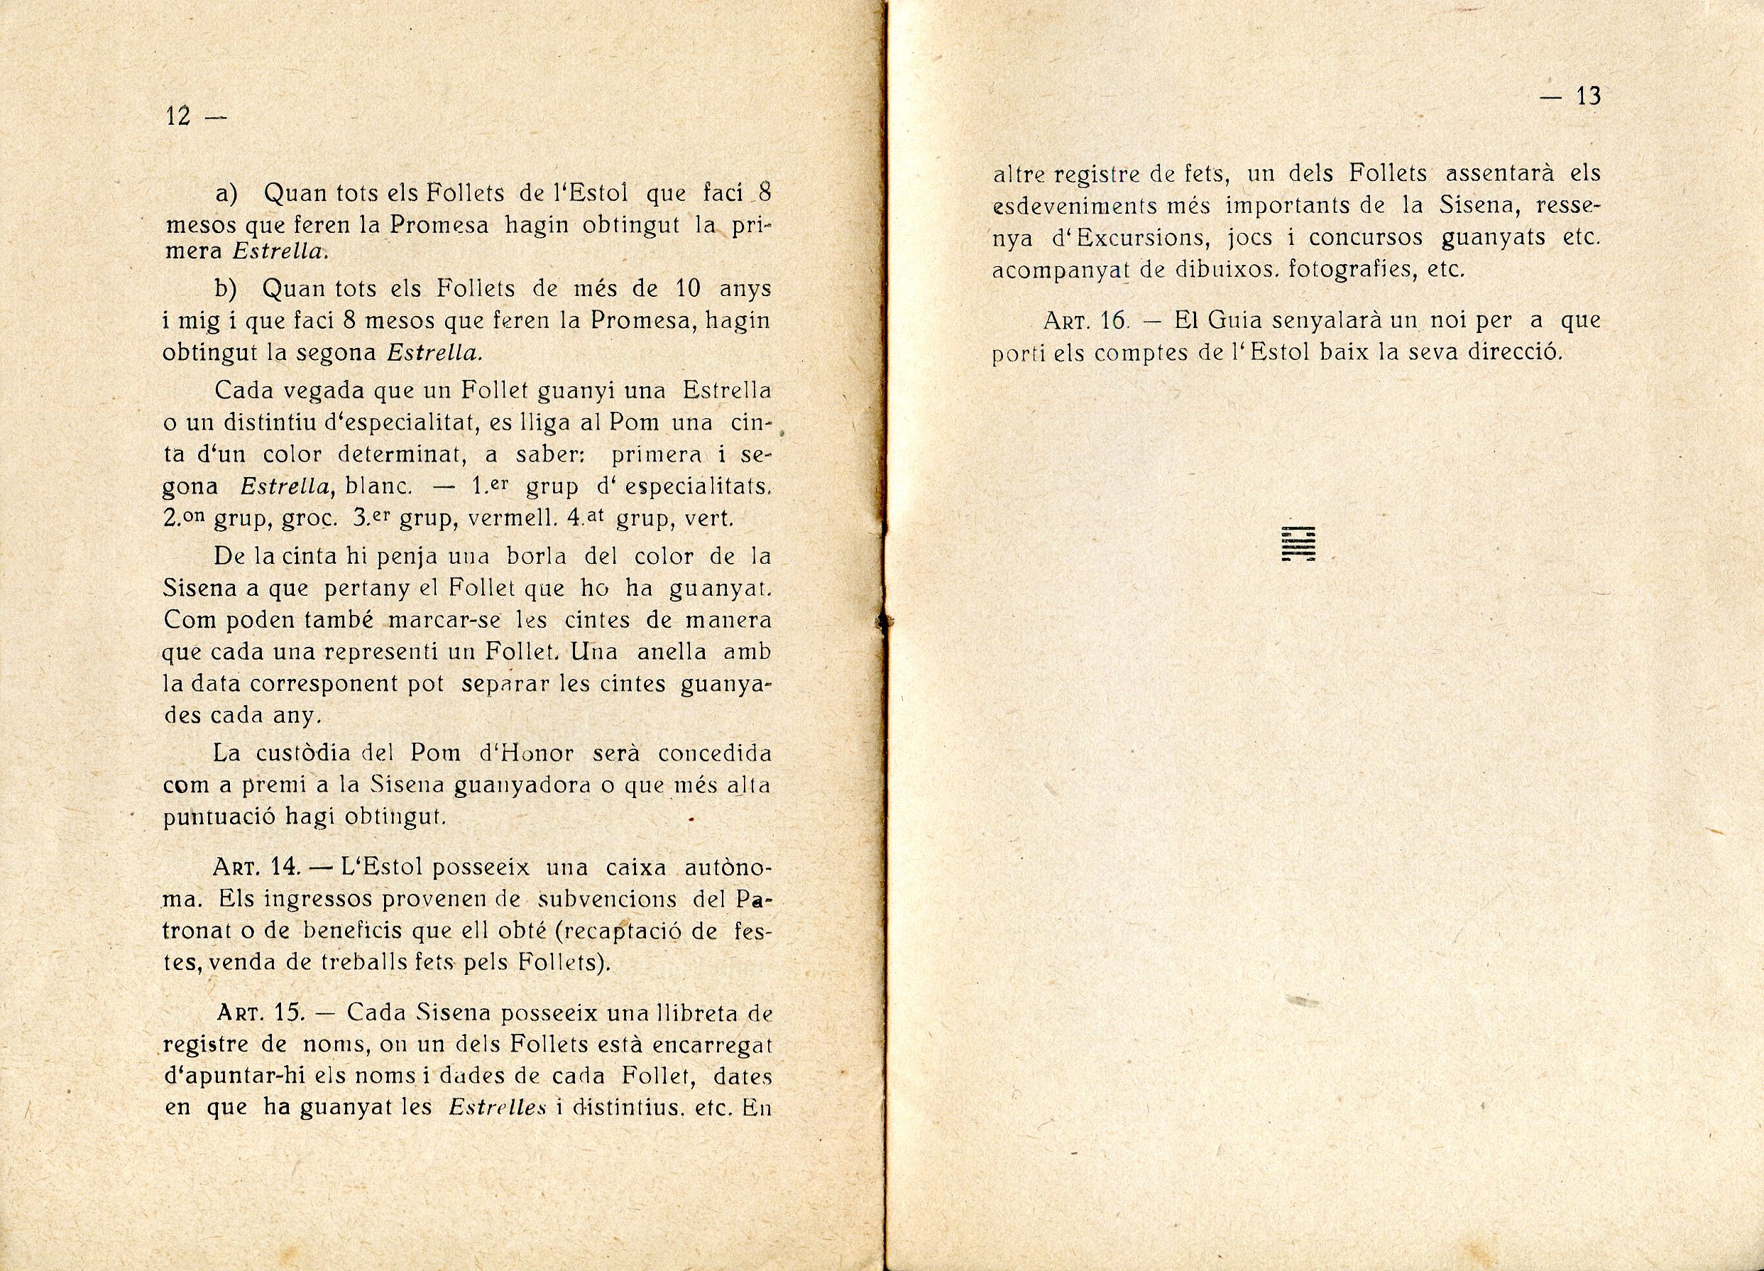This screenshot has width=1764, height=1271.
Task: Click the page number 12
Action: pos(179,116)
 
